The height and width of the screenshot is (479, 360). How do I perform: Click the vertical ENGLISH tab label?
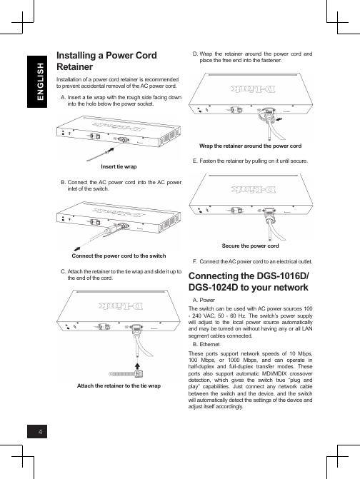(x=40, y=81)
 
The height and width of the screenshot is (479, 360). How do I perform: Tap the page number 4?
(x=40, y=432)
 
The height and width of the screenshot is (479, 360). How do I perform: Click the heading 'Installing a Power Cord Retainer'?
(x=106, y=61)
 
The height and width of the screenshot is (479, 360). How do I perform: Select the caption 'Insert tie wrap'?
(x=119, y=166)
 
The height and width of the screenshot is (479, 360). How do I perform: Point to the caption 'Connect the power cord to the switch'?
(x=119, y=256)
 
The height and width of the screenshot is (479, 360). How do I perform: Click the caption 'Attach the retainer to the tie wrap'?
(x=119, y=385)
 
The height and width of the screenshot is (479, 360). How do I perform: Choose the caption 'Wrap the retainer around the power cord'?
(x=250, y=146)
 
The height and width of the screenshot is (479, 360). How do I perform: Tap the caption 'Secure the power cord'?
(x=250, y=246)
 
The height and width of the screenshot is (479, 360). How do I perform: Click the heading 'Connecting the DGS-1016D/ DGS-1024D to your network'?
(x=249, y=282)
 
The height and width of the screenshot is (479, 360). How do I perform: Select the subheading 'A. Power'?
(x=204, y=300)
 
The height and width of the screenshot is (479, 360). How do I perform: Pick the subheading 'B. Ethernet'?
(x=206, y=344)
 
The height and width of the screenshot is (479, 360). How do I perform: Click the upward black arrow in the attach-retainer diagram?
(x=138, y=366)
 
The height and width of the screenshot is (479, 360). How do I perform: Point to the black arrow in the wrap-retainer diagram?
(x=279, y=119)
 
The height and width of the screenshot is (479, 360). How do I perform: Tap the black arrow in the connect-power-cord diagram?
(x=78, y=248)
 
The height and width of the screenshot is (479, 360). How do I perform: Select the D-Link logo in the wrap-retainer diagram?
(x=254, y=89)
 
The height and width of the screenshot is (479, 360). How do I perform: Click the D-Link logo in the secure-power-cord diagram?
(x=254, y=189)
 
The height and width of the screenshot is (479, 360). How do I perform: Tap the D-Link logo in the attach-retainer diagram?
(x=121, y=306)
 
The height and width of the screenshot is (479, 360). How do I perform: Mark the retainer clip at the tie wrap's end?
(x=139, y=373)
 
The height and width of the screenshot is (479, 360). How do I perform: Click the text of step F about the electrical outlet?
(x=252, y=261)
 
